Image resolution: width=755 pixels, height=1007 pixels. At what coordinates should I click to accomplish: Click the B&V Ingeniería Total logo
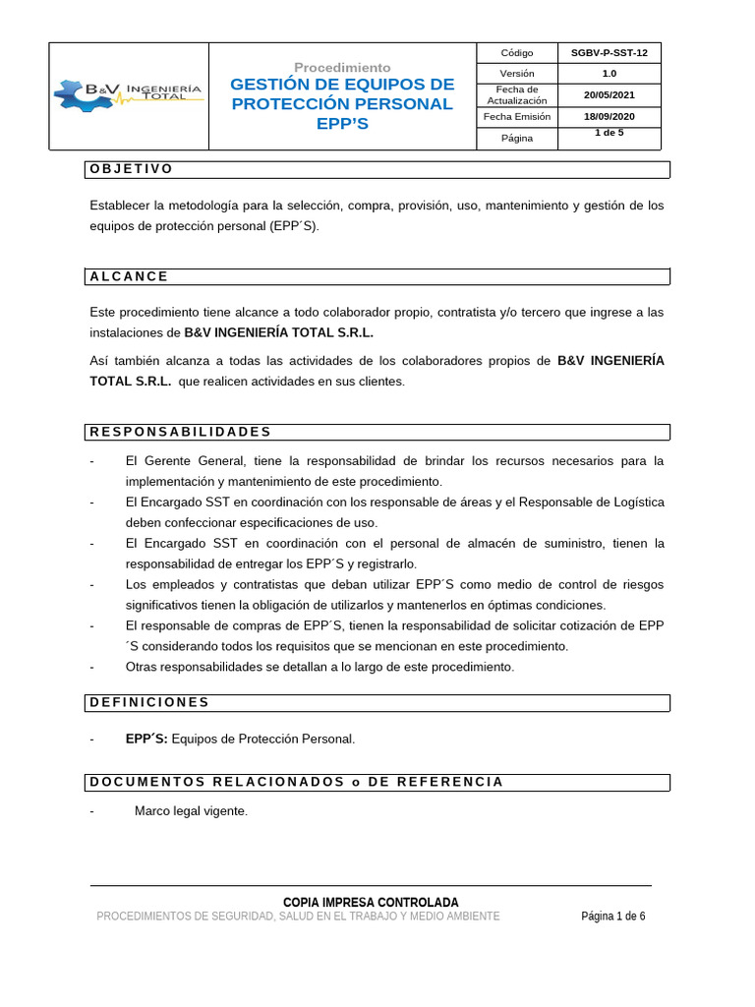tap(129, 94)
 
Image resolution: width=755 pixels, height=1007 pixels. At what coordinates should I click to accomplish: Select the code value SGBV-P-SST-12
tap(610, 53)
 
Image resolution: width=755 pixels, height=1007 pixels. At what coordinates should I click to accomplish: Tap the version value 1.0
tap(610, 74)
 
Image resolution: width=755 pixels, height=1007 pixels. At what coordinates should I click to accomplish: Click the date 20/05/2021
tap(610, 94)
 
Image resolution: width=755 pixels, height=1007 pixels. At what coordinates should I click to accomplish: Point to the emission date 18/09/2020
tap(610, 116)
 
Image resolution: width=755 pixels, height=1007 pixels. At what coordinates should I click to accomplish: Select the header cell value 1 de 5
tap(610, 133)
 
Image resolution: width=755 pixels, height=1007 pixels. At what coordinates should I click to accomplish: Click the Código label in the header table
tap(516, 53)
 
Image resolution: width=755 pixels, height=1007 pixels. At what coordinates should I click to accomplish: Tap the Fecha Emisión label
tap(516, 116)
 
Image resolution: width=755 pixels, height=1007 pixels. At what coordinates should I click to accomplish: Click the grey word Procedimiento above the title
tap(342, 67)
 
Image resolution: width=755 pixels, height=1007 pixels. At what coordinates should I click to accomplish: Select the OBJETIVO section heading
tap(132, 169)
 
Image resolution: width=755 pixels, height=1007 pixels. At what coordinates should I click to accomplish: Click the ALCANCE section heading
tap(129, 276)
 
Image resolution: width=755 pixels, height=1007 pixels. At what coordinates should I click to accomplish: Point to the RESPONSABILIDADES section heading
tap(180, 432)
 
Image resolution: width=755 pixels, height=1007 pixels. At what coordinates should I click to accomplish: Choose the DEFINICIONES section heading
tap(149, 702)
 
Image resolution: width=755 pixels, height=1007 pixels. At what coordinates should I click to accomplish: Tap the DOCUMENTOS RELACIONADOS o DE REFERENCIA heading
tap(296, 782)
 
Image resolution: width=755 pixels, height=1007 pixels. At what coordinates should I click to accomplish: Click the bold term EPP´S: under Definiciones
tap(146, 739)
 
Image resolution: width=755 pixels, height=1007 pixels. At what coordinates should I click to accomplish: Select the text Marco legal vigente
tap(191, 811)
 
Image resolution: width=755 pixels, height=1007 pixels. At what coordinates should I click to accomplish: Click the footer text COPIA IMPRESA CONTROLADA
tap(371, 902)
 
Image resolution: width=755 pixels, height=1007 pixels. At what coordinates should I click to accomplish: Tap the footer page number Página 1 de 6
tap(613, 917)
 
